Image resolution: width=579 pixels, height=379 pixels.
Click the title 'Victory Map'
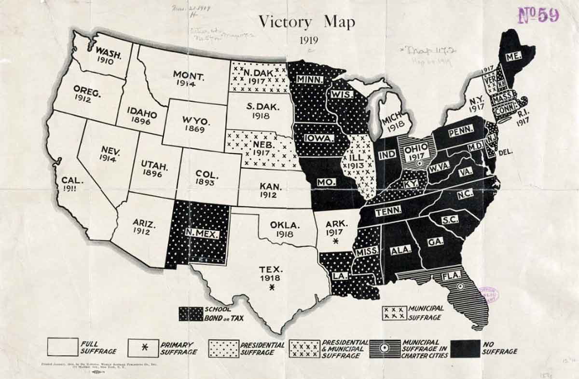(307, 22)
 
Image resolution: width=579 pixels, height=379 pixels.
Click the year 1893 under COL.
(208, 182)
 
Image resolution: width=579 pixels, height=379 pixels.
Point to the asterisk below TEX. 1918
(272, 288)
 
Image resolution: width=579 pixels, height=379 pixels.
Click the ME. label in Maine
(513, 56)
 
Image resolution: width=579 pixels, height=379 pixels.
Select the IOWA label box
(319, 138)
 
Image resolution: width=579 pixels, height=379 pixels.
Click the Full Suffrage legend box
(63, 347)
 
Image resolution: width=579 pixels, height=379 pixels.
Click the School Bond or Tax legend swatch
(191, 314)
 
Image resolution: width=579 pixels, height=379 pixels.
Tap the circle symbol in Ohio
(420, 163)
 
